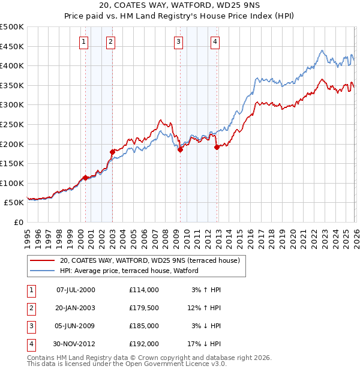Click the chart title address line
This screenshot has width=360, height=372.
[x=180, y=6]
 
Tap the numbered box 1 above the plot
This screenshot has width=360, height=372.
[x=83, y=41]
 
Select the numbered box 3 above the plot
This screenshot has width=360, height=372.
[x=179, y=41]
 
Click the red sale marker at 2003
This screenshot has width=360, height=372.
[x=112, y=152]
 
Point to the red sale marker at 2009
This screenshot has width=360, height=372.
[x=179, y=150]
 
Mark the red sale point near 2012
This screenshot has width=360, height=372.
[x=217, y=147]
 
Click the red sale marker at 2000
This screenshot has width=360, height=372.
[x=85, y=178]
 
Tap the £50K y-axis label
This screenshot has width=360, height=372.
[x=14, y=203]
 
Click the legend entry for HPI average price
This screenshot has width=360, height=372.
[x=133, y=271]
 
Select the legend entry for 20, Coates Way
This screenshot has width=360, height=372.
[x=149, y=260]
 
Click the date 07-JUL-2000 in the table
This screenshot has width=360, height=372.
[x=75, y=290]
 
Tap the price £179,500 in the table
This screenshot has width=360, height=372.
[x=143, y=308]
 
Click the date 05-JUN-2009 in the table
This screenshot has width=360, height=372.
[x=75, y=326]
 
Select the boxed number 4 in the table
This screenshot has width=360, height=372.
[x=31, y=344]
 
